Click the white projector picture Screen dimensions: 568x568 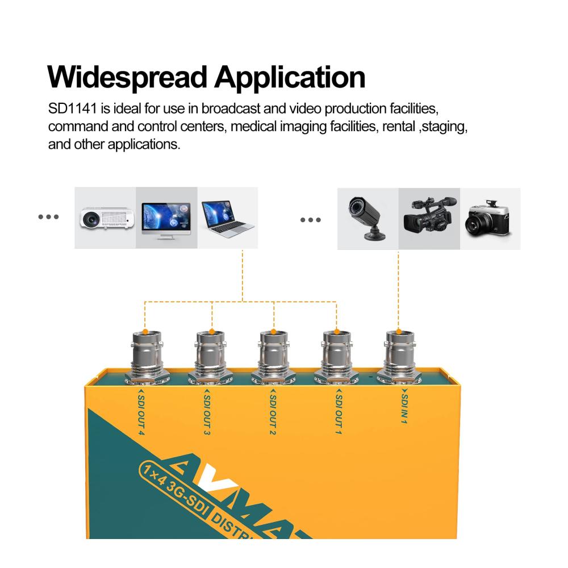click(106, 219)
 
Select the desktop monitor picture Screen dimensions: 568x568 click(166, 219)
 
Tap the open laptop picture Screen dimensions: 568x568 click(227, 219)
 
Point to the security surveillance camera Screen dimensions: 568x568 click(366, 218)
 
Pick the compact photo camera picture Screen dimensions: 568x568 click(490, 219)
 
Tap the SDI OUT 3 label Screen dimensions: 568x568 click(206, 412)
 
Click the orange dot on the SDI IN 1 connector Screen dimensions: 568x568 click(399, 331)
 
